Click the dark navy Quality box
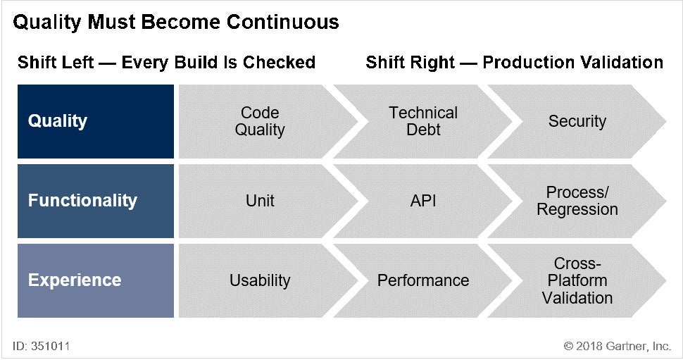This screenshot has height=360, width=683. pyautogui.click(x=95, y=121)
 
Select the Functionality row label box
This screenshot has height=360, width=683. pyautogui.click(x=95, y=201)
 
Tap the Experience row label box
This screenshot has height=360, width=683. pyautogui.click(x=95, y=280)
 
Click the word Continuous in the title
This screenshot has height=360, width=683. pyautogui.click(x=282, y=22)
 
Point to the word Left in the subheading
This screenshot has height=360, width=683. pyautogui.click(x=79, y=62)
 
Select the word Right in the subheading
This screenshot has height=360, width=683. pyautogui.click(x=432, y=62)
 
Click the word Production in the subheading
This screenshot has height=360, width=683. pyautogui.click(x=528, y=62)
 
